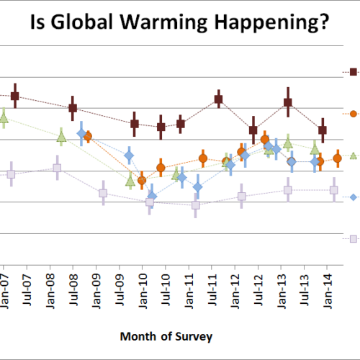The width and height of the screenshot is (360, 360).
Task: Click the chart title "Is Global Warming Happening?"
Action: pyautogui.click(x=179, y=22)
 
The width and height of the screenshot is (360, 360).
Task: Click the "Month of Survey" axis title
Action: pyautogui.click(x=166, y=336)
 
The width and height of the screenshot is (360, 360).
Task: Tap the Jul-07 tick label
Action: pyautogui.click(x=27, y=290)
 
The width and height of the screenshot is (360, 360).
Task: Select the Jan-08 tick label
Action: pyautogui.click(x=50, y=292)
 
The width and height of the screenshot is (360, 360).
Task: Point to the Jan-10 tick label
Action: pyautogui.click(x=143, y=292)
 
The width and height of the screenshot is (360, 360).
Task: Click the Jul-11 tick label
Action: pyautogui.click(x=212, y=290)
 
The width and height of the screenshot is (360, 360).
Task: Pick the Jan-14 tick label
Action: pyautogui.click(x=328, y=292)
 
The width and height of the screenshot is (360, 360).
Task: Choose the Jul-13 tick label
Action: pyautogui.click(x=305, y=290)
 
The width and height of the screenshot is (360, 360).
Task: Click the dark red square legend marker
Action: pyautogui.click(x=354, y=72)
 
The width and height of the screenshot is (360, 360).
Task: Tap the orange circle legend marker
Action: pyautogui.click(x=354, y=114)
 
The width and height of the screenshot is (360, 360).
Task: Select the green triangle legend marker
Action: pyautogui.click(x=354, y=156)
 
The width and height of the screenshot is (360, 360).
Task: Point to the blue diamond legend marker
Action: pyautogui.click(x=354, y=197)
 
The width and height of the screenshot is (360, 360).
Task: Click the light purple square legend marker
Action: pyautogui.click(x=354, y=239)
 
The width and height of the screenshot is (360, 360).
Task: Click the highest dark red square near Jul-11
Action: pyautogui.click(x=219, y=99)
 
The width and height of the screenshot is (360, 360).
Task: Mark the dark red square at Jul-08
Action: pyautogui.click(x=73, y=108)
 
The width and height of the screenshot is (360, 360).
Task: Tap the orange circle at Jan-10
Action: pyautogui.click(x=142, y=180)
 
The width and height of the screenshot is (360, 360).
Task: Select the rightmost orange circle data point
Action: pyautogui.click(x=338, y=158)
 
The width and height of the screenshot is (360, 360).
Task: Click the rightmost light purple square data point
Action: pyautogui.click(x=334, y=190)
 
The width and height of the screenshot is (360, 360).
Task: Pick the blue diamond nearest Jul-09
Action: pyautogui.click(x=129, y=156)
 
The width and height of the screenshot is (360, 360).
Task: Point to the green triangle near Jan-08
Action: pyautogui.click(x=61, y=137)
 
